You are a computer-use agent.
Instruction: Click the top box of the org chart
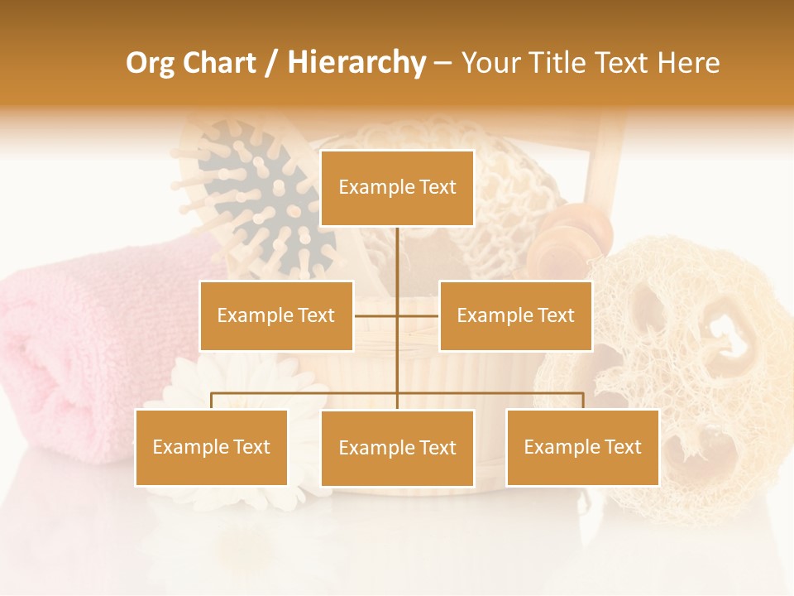coord(397,188)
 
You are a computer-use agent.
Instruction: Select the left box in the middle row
coord(275,315)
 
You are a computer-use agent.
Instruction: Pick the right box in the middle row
coord(515,315)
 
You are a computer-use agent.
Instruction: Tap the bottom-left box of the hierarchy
coord(211,447)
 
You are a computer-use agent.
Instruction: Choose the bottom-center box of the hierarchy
coord(397,448)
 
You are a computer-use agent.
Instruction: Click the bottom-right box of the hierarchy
coord(582,447)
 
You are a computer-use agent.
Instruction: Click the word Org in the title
coord(150,63)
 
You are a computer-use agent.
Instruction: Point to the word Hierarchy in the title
coord(356,63)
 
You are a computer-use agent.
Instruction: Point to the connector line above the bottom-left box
coord(211,400)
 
